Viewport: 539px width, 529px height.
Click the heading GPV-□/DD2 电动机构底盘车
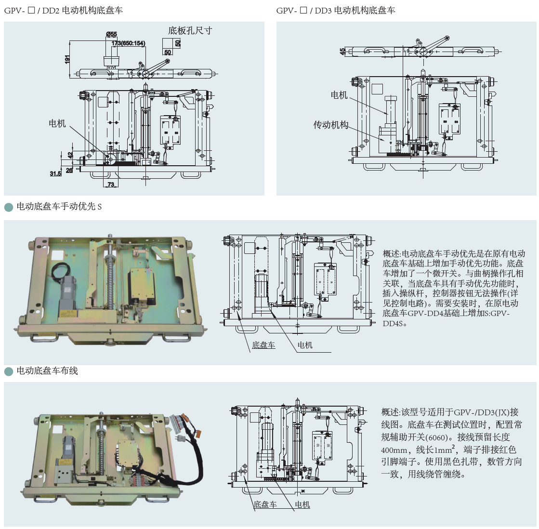point(64,10)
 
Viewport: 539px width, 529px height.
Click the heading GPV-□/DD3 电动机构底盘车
point(336,10)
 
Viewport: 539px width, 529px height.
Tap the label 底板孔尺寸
point(190,30)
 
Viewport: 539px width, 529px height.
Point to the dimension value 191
point(67,59)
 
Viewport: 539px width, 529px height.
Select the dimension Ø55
point(111,34)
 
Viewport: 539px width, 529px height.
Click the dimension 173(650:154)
point(128,43)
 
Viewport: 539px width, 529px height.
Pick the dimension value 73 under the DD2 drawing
point(111,185)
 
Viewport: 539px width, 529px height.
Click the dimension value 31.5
point(55,173)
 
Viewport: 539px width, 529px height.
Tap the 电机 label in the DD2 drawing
point(57,123)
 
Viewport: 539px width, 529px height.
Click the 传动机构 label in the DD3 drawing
point(330,125)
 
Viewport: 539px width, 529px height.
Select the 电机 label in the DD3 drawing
point(339,95)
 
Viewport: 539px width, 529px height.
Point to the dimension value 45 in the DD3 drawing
point(342,51)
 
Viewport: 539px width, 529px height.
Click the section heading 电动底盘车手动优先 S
point(59,207)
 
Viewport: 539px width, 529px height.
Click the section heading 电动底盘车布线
point(47,371)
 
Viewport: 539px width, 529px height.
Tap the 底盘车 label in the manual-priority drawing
point(263,345)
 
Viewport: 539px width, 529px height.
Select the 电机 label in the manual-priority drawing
point(305,345)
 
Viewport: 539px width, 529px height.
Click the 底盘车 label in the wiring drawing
point(265,504)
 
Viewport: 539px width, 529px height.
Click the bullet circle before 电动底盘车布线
point(9,371)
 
